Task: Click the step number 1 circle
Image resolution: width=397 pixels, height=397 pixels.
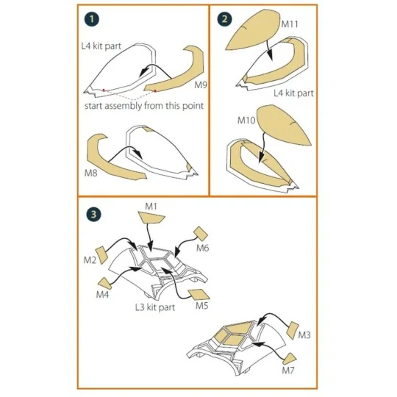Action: coord(92,19)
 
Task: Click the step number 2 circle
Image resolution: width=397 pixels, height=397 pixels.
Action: coord(224,19)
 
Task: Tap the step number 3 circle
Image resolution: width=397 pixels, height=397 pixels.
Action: coord(93,215)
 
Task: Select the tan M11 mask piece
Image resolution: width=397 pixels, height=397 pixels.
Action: coord(253,30)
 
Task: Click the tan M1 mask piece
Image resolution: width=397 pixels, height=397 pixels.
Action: coord(151,218)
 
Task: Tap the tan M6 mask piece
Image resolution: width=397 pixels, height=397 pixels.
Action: coord(201,234)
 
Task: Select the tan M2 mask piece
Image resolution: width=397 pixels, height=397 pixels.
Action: coord(101,254)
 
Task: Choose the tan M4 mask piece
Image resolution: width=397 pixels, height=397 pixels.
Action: coord(105,284)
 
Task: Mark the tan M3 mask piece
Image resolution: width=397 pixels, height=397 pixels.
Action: coord(293,330)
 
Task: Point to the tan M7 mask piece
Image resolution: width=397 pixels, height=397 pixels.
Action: coord(290,360)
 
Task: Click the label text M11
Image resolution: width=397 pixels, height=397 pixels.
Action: coord(290,24)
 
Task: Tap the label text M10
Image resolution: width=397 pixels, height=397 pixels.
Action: coord(246,120)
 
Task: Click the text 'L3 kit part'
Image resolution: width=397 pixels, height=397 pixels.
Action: coord(155,307)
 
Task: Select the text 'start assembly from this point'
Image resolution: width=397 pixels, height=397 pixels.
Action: coord(144,106)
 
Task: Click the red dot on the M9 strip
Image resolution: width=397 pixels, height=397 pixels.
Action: coord(155,90)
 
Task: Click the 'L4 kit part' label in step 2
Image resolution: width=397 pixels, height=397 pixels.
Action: coord(293,93)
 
